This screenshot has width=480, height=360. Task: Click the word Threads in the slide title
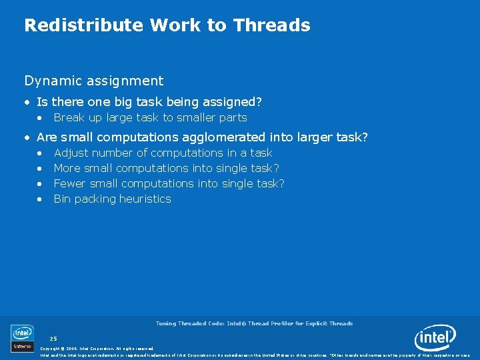pos(271,25)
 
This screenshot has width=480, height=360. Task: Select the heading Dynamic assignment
pos(94,81)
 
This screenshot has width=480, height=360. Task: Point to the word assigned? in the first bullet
pos(233,102)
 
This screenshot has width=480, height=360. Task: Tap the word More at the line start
pos(67,168)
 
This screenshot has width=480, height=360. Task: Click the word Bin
pos(62,199)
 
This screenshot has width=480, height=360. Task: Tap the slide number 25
pos(53,339)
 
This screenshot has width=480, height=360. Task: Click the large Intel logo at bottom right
pos(435,338)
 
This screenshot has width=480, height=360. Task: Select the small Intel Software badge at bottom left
pos(22,338)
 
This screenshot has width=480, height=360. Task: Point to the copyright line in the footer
pos(97,349)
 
